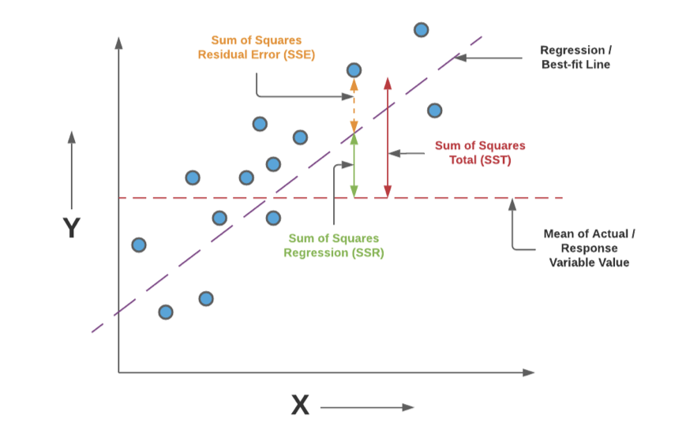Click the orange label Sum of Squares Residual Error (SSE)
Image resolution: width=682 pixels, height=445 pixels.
point(256,47)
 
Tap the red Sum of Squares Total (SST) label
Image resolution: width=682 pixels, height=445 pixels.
point(480,152)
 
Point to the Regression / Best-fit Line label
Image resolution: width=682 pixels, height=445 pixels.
point(575,57)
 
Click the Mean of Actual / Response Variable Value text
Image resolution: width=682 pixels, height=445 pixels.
point(589,248)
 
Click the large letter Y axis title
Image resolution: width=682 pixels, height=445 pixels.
point(72,228)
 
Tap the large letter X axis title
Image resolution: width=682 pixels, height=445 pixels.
point(300,406)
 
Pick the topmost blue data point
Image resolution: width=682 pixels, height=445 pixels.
point(422,30)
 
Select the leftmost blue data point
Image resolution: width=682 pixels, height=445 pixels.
point(139,245)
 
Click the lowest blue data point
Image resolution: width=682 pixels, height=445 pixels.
point(166,312)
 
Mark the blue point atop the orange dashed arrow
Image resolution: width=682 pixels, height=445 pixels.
point(354,70)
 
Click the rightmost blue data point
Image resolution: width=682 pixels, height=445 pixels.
point(434,110)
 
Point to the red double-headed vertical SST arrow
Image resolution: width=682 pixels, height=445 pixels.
point(387,137)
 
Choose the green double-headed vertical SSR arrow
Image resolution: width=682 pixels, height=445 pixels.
point(354,166)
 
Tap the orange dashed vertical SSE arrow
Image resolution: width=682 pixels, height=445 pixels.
point(354,106)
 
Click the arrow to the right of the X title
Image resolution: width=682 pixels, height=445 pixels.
point(367,407)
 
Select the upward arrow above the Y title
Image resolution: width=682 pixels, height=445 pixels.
point(72,169)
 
